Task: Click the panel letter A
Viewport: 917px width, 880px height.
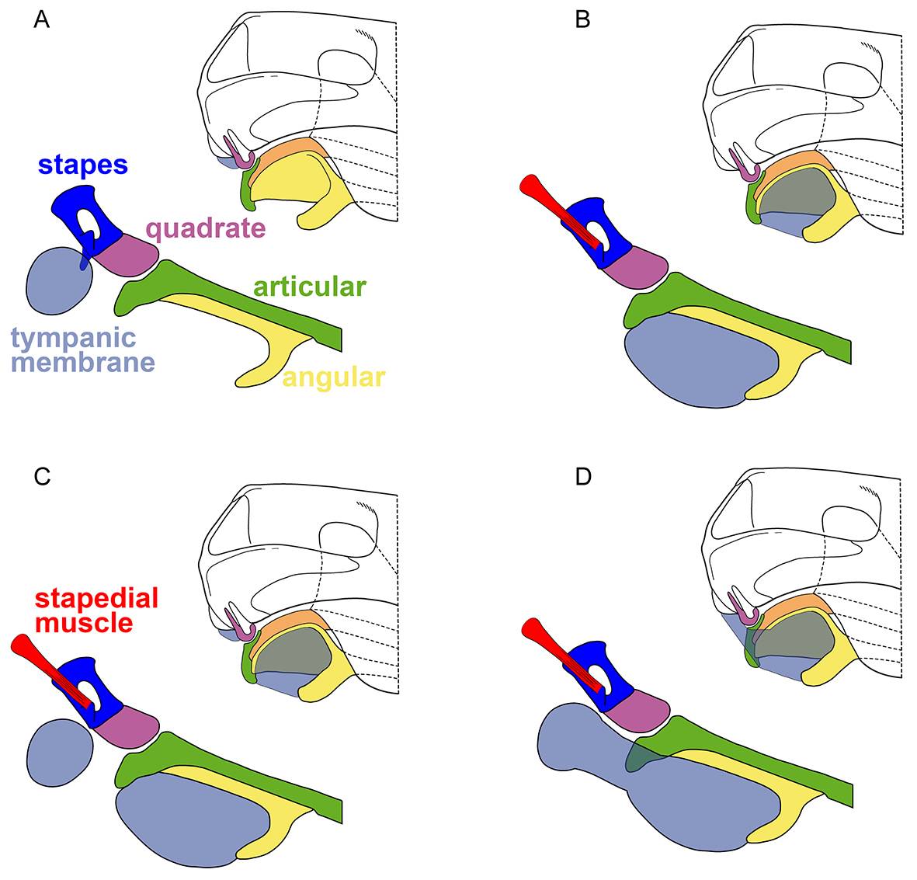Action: (41, 20)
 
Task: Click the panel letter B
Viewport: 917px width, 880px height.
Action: (582, 20)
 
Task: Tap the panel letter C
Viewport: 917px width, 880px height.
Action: (42, 477)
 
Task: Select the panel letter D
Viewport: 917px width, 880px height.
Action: (583, 477)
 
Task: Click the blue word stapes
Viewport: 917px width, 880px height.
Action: (83, 165)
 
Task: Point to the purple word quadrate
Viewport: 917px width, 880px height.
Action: (206, 229)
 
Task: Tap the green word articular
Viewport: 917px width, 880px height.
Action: (309, 287)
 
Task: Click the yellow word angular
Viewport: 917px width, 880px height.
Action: (334, 378)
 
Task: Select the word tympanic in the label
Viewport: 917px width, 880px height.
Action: (74, 339)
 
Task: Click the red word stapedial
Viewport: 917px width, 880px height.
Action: (96, 599)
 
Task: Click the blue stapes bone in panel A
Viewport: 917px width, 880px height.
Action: (87, 217)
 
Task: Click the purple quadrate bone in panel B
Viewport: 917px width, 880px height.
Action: (635, 267)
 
